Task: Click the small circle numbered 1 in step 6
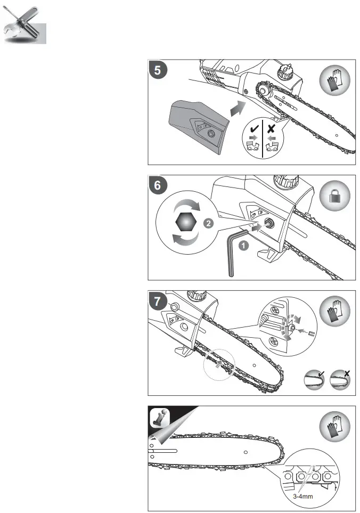[243, 246]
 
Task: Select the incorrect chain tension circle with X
[339, 380]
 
